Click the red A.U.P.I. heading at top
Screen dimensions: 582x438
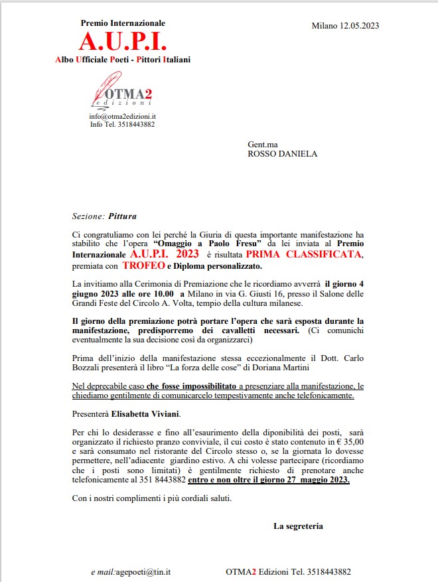(123, 41)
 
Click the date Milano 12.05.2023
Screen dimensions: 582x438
(345, 26)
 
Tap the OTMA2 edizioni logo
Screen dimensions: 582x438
(123, 93)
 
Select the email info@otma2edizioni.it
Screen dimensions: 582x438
(123, 116)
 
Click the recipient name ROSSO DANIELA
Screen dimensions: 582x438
(282, 154)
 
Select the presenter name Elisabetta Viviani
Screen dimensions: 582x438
(145, 415)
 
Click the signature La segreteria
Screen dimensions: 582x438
(298, 526)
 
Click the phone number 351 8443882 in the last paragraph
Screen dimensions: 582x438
(159, 479)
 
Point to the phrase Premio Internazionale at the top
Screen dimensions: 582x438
(123, 23)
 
